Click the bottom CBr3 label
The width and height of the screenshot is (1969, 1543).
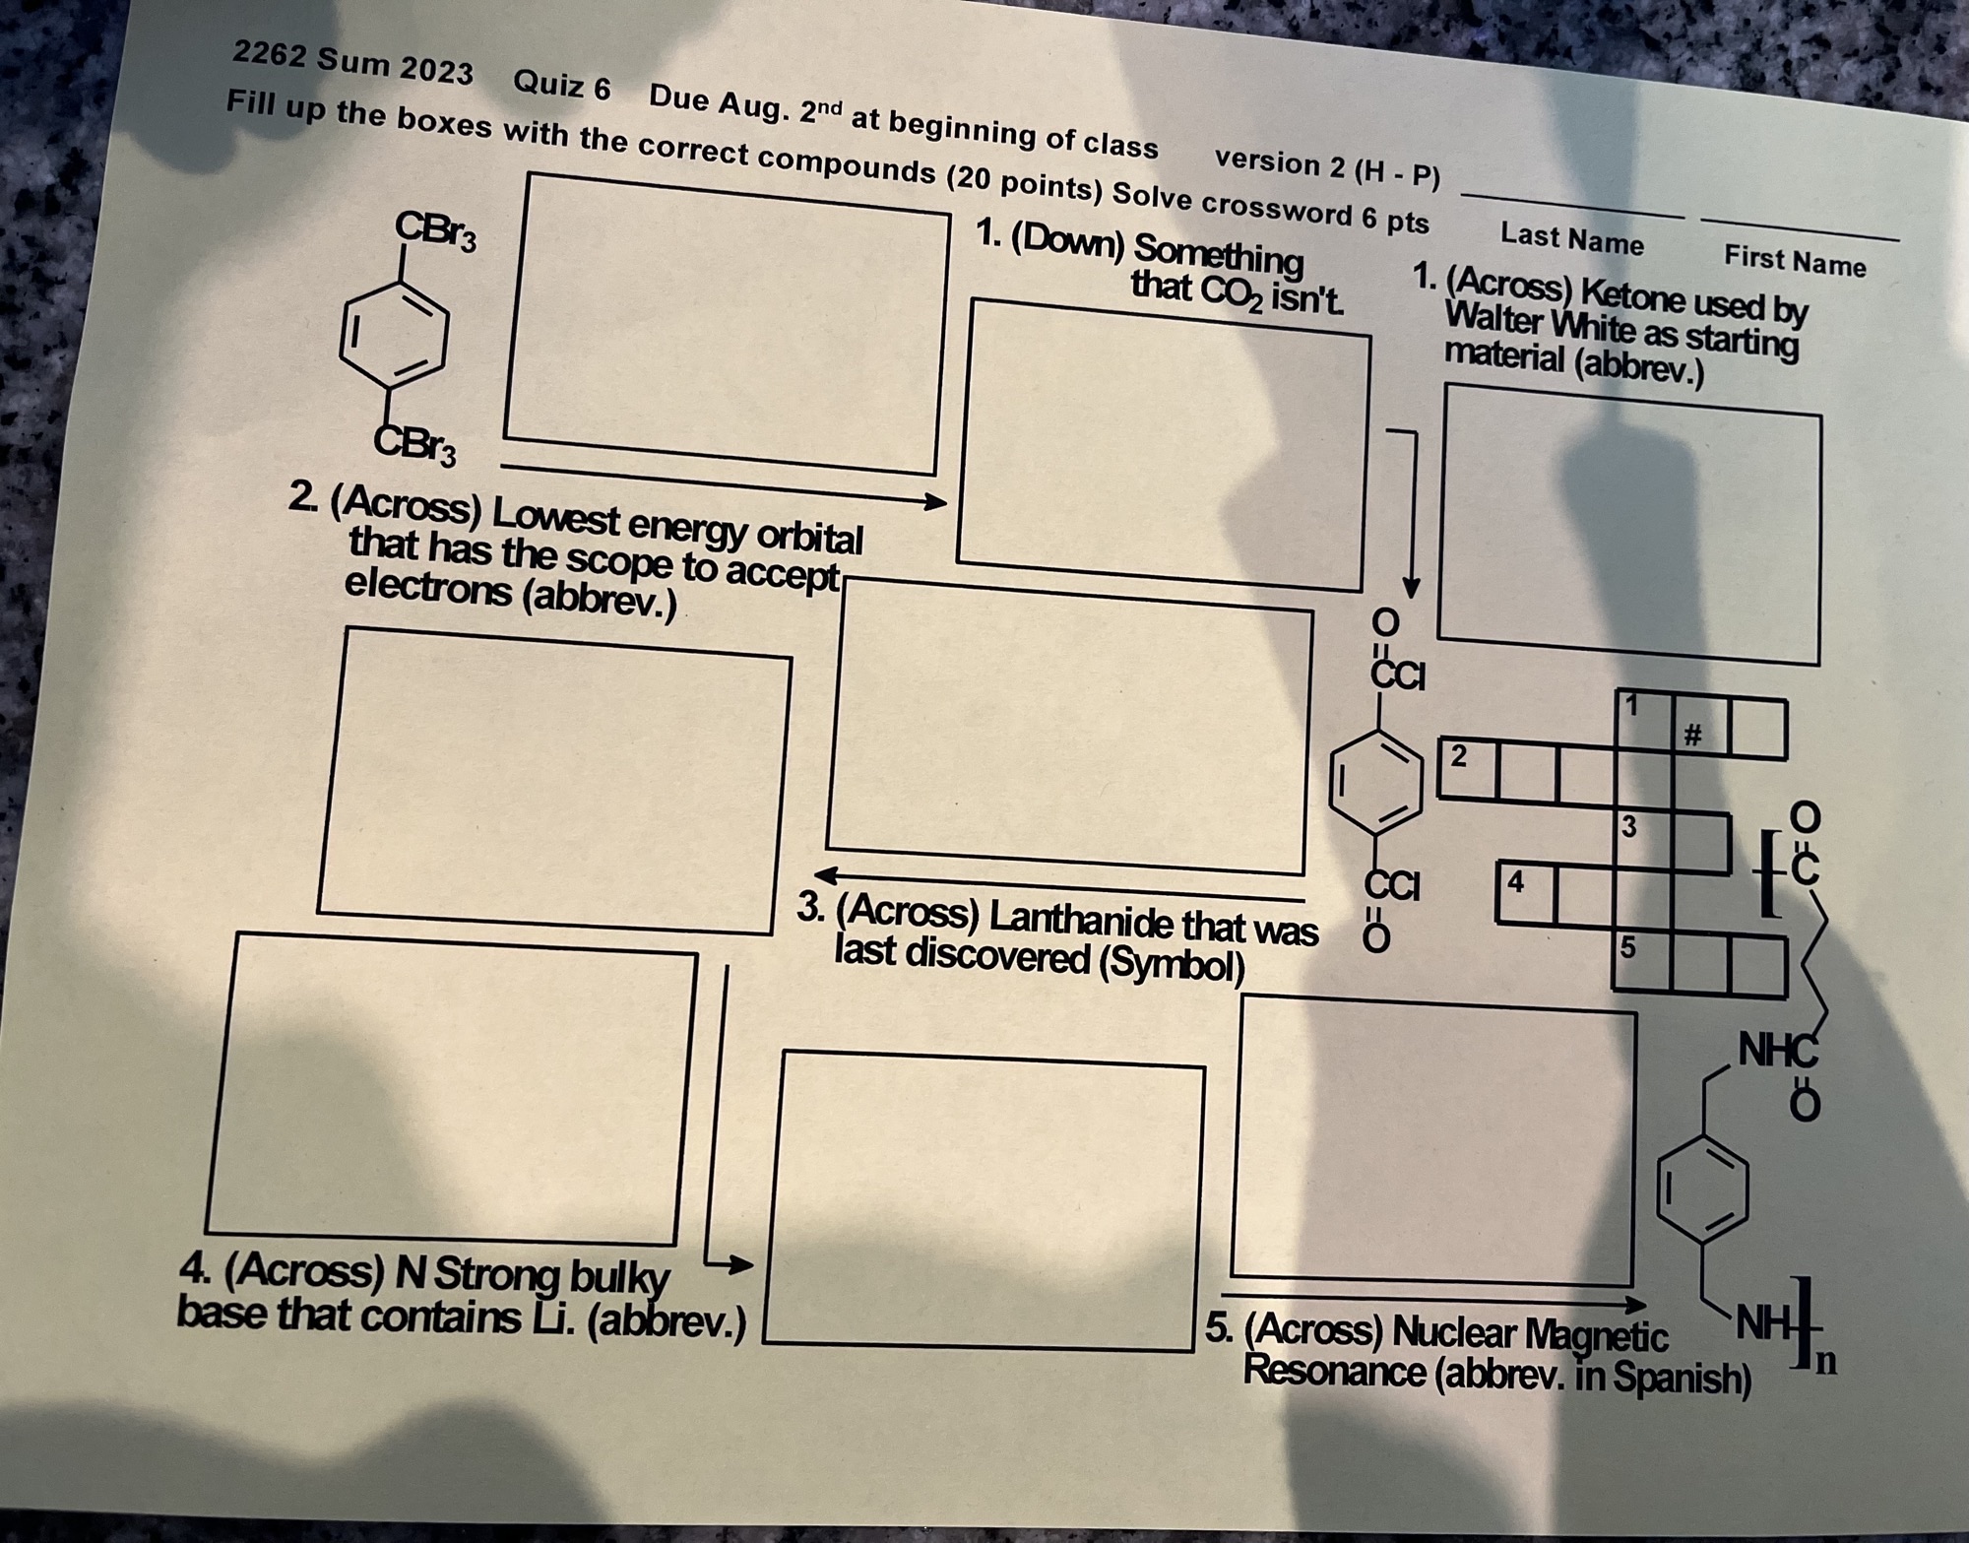pos(415,446)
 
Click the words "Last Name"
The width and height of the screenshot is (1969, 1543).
pos(1571,239)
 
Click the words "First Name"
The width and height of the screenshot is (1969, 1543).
pos(1794,262)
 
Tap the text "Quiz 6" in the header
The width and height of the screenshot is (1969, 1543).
pos(561,86)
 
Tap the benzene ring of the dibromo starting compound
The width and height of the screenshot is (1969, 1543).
pos(394,337)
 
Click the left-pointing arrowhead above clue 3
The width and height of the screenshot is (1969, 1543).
pos(825,874)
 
